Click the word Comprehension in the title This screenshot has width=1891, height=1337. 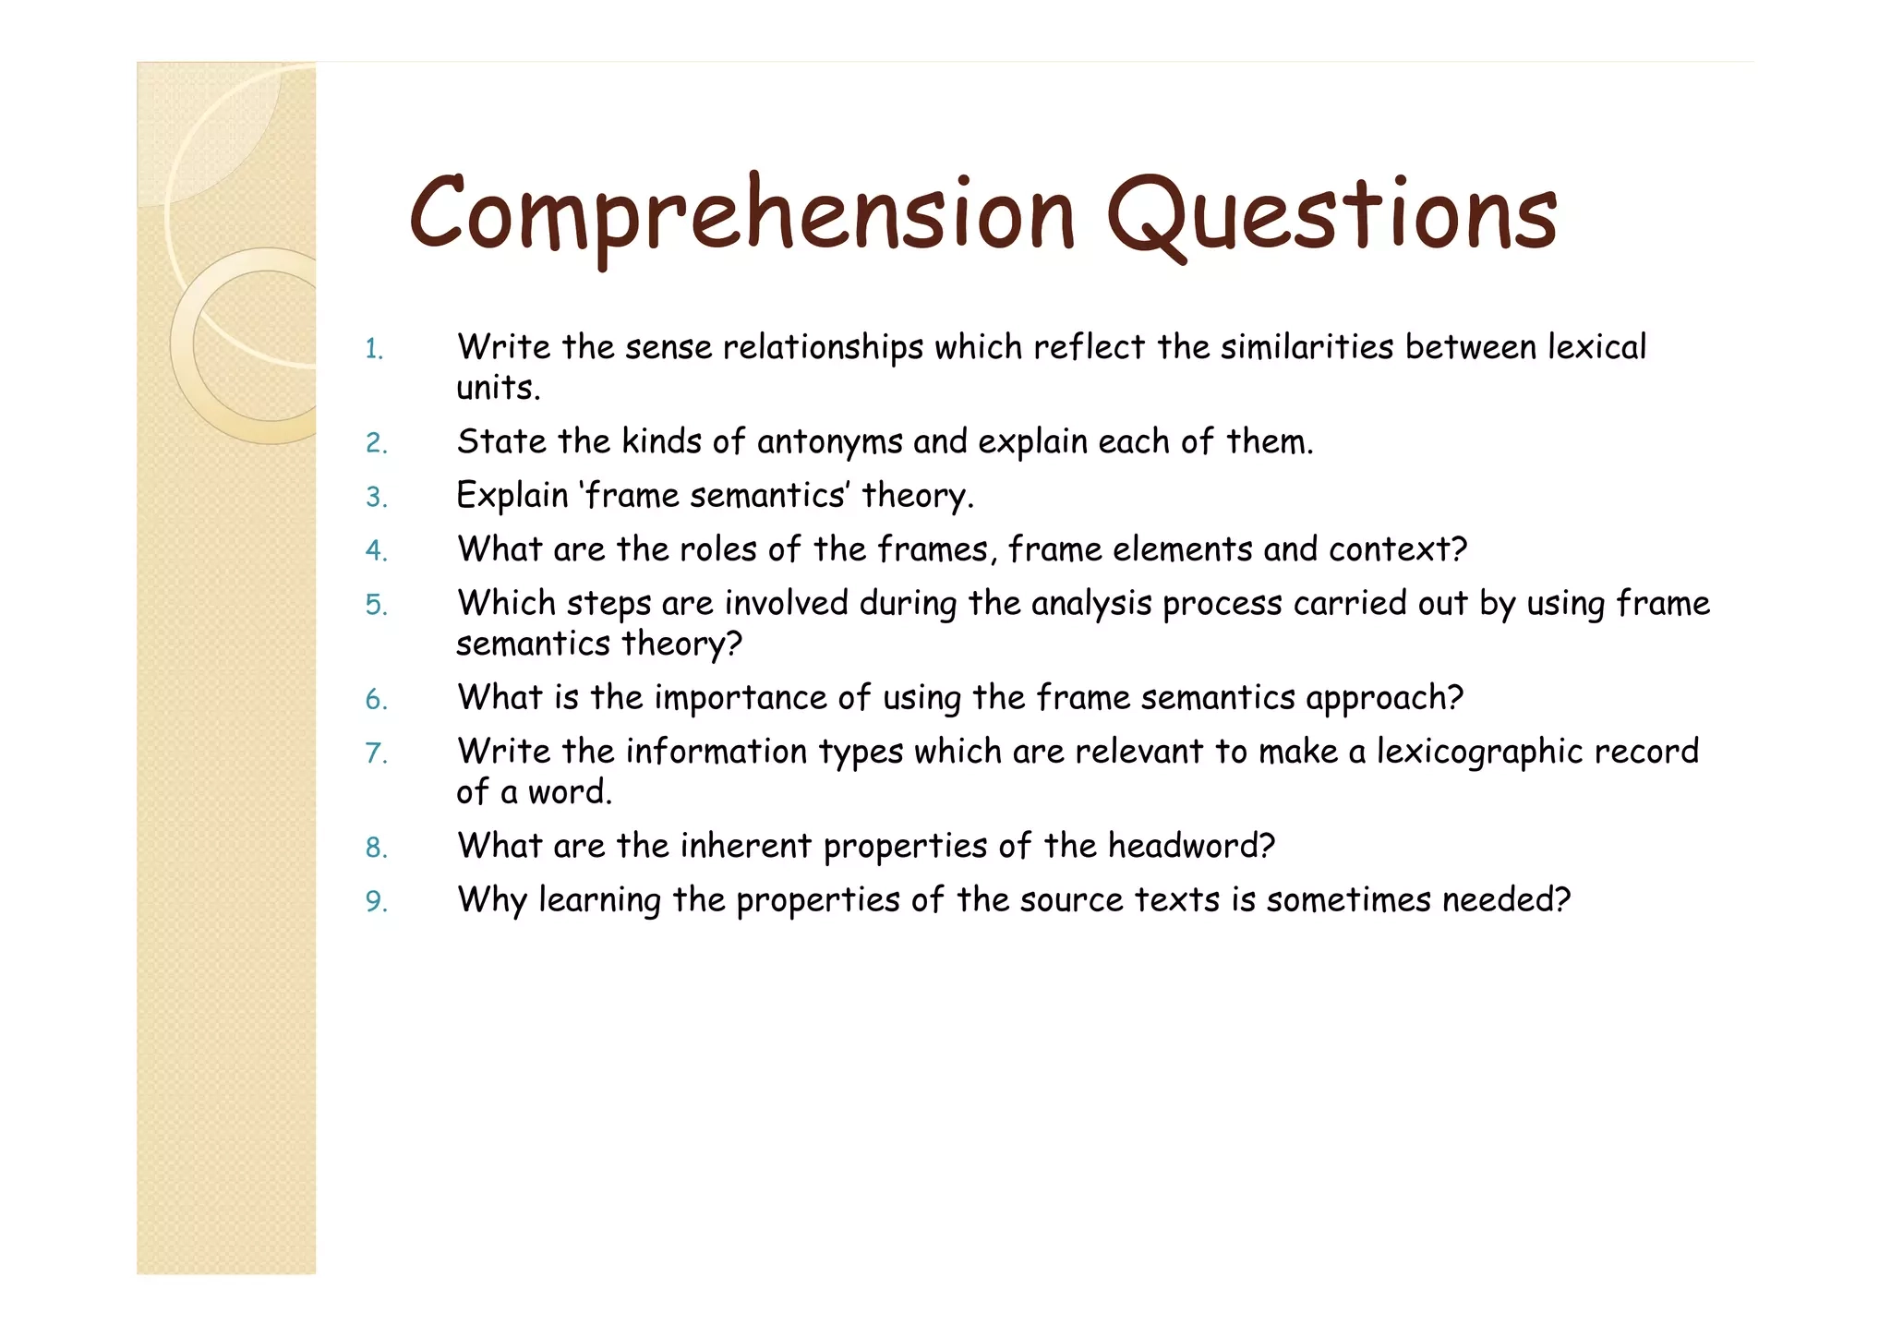click(x=741, y=217)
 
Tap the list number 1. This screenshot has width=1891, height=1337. click(x=374, y=349)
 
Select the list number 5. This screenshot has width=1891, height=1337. click(x=376, y=605)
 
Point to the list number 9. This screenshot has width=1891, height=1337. click(x=376, y=901)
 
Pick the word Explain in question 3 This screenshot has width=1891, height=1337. click(x=512, y=496)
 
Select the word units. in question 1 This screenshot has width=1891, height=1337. click(x=498, y=388)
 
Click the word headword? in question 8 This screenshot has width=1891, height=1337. click(x=1191, y=846)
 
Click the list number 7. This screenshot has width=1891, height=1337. click(x=376, y=753)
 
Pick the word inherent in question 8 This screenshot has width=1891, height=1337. click(x=745, y=846)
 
